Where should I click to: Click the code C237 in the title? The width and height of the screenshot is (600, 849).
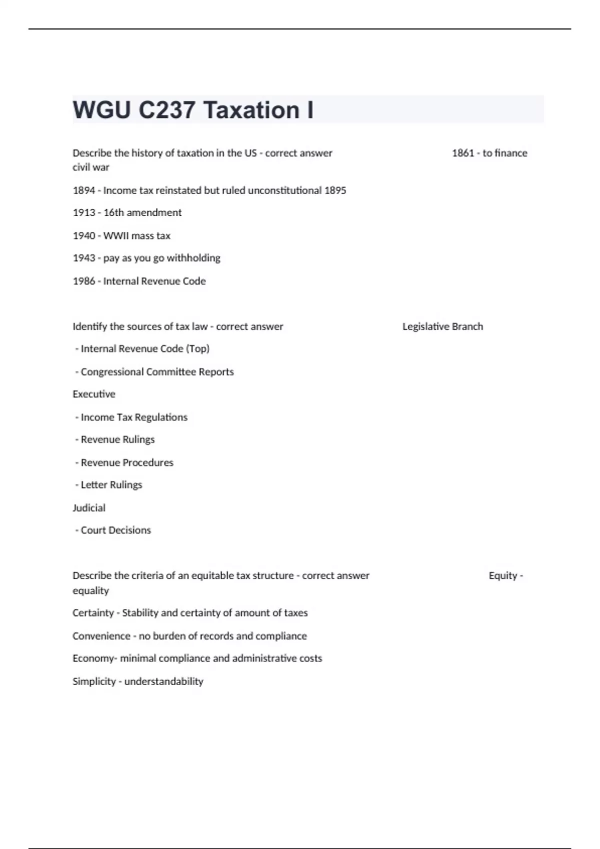point(166,110)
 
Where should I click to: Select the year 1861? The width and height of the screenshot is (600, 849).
point(462,153)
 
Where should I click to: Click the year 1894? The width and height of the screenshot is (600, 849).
point(83,190)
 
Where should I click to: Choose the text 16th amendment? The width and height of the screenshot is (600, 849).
point(142,213)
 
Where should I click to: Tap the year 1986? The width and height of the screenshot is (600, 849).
point(83,281)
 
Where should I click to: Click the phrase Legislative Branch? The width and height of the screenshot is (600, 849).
point(442,327)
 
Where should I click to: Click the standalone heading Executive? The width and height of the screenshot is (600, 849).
point(94,394)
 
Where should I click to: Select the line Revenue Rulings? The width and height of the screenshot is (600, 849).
point(117,439)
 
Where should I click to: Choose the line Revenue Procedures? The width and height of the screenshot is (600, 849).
point(127,462)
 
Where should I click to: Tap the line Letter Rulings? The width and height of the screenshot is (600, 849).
point(111,485)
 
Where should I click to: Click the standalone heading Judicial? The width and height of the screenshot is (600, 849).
point(89,508)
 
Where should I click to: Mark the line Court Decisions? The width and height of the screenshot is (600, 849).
point(115,530)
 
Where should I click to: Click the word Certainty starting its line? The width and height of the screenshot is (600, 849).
point(93,613)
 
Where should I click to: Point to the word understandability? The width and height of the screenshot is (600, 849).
point(163,682)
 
